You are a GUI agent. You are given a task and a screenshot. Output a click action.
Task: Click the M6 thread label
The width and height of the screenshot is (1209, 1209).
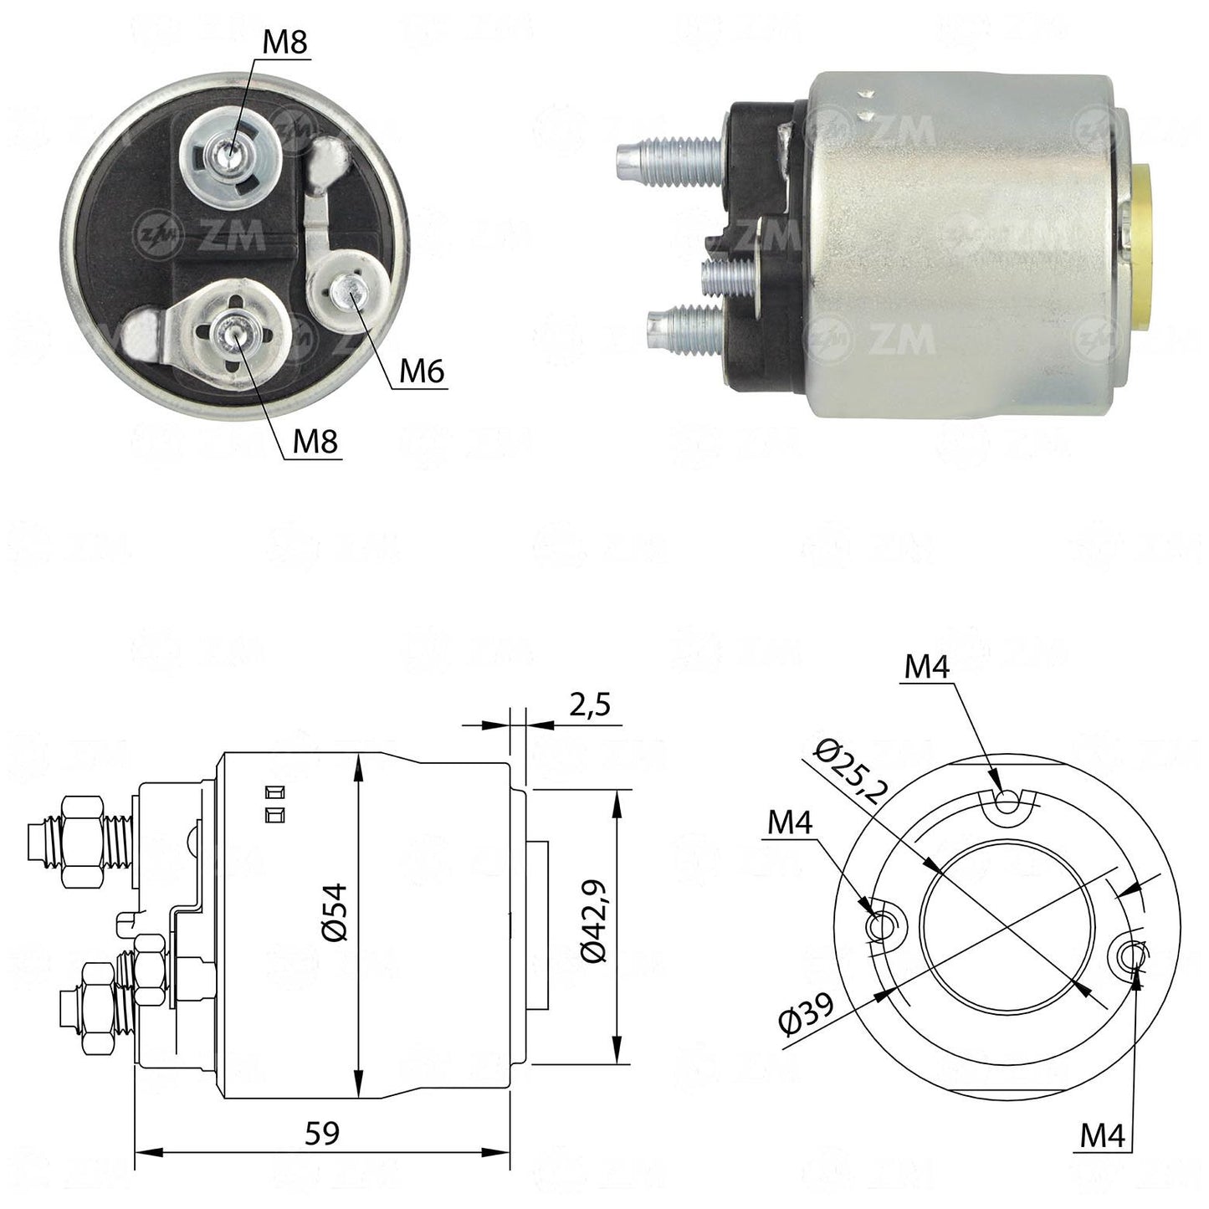[422, 372]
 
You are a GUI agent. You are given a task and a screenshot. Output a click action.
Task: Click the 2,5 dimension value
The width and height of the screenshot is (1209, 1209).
[590, 704]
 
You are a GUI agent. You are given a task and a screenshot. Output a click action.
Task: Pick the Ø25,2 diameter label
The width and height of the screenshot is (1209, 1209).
[849, 772]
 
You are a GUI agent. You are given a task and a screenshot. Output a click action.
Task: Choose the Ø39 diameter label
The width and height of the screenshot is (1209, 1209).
[807, 1013]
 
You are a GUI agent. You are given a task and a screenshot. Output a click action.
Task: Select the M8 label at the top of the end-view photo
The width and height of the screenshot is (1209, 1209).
[285, 43]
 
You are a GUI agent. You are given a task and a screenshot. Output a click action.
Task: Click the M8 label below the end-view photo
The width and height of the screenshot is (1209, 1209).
[315, 443]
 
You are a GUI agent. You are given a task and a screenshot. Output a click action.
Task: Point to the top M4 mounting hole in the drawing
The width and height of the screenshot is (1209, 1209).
[1006, 800]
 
